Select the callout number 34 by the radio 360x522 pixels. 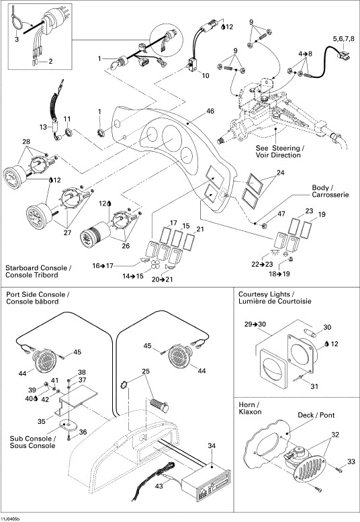click(212, 445)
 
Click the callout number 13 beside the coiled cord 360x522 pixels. click(44, 126)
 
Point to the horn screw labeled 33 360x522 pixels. click(350, 462)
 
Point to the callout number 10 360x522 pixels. click(206, 76)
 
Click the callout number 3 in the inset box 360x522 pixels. click(16, 40)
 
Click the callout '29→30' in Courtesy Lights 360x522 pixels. click(255, 325)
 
